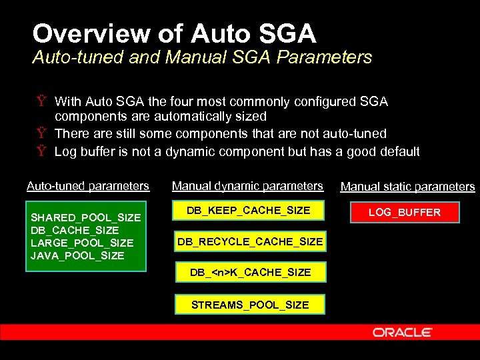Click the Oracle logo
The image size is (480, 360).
[403, 332]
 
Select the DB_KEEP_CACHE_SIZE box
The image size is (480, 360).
[249, 211]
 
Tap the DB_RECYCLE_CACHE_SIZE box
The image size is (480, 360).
[250, 241]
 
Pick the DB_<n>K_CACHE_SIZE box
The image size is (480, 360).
[250, 272]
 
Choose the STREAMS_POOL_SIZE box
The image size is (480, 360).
[250, 305]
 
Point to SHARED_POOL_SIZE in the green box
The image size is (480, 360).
[86, 218]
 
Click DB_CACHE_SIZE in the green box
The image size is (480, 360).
[75, 230]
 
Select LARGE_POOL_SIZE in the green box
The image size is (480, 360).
[82, 243]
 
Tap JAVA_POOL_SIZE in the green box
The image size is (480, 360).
[77, 255]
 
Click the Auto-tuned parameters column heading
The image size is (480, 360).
[88, 186]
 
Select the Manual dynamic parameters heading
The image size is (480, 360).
[247, 186]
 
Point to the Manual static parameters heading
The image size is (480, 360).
[407, 187]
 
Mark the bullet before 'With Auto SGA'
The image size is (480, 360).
[41, 102]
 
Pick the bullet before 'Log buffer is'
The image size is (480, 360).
[41, 151]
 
